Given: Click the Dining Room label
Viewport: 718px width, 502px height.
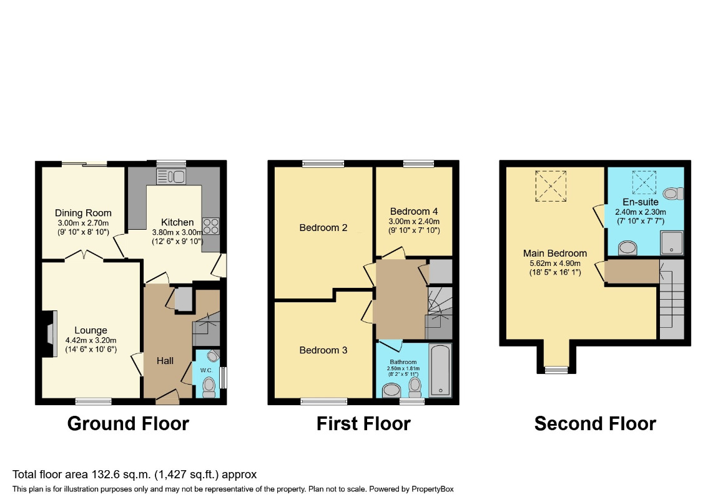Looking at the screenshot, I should click(x=82, y=213).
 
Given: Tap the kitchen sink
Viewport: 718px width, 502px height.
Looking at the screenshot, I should click(x=172, y=176).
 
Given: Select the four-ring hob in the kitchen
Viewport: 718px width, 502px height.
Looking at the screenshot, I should click(x=210, y=225).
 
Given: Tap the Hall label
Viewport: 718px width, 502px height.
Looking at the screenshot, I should click(x=165, y=361).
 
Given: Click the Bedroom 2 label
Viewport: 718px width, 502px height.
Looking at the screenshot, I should click(x=323, y=227).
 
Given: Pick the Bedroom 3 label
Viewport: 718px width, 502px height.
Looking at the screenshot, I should click(x=323, y=350).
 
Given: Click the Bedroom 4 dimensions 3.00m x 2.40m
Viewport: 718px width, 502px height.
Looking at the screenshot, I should click(x=415, y=221).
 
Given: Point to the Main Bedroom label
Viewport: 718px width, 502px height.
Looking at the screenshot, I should click(x=555, y=253).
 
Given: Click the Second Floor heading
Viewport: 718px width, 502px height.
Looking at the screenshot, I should click(x=595, y=424).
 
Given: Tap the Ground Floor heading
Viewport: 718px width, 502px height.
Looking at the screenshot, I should click(x=128, y=424).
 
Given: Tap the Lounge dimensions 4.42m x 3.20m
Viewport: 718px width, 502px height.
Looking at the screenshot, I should click(x=91, y=340).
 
